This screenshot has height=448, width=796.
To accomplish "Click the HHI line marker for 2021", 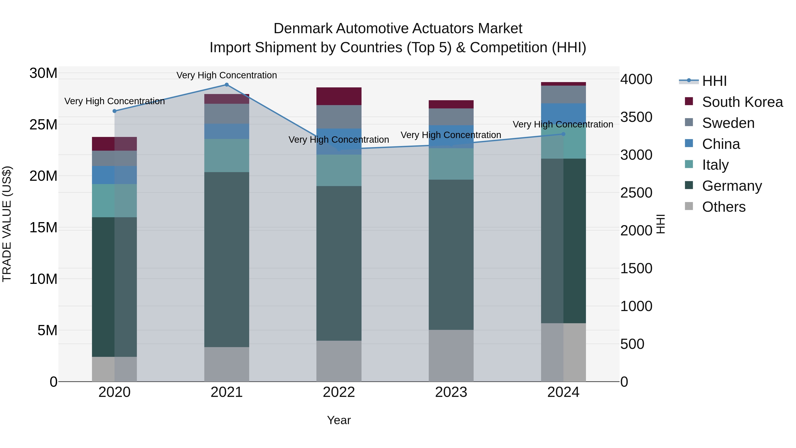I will point(226,85).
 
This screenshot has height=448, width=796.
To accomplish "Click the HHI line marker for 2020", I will point(114,111).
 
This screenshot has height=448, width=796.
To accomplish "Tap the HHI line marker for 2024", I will point(563,134).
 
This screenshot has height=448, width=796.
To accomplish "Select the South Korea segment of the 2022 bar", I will point(339,96).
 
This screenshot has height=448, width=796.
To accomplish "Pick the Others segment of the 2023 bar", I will point(451,355).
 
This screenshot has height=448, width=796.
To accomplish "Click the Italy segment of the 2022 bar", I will point(339,170).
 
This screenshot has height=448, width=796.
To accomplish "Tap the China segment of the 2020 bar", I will point(114,175).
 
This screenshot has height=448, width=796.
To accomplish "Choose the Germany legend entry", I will point(732,186).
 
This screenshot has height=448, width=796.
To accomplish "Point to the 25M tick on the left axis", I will point(43,125).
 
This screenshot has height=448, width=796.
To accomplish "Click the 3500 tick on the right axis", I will point(636,117).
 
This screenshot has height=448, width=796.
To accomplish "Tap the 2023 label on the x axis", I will point(451,392).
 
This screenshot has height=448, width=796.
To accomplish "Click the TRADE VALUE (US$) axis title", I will point(7,224).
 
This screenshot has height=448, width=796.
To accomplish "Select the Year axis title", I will point(339,420).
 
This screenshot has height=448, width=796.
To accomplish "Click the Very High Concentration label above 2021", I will point(226,75).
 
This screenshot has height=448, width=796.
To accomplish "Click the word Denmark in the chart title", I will point(303,29).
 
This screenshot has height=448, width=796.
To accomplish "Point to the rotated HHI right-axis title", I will point(660,224).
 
